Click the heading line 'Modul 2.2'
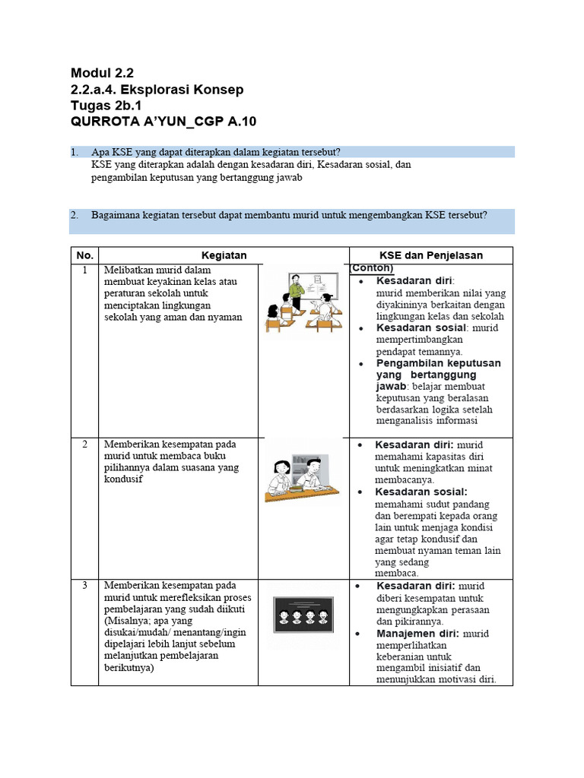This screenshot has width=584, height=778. click(101, 74)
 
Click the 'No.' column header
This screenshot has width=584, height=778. click(84, 255)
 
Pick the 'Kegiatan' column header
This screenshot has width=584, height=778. click(224, 255)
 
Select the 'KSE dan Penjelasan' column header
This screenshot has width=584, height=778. click(430, 255)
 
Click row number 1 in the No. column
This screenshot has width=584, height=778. click(84, 270)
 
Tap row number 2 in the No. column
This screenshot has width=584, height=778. click(84, 444)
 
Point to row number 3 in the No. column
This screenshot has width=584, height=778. click(84, 586)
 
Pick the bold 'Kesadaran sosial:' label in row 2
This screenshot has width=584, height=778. click(421, 492)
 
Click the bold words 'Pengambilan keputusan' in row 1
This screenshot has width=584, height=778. click(439, 363)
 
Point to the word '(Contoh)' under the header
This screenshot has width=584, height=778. click(372, 268)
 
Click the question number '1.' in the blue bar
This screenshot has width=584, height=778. click(75, 153)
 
